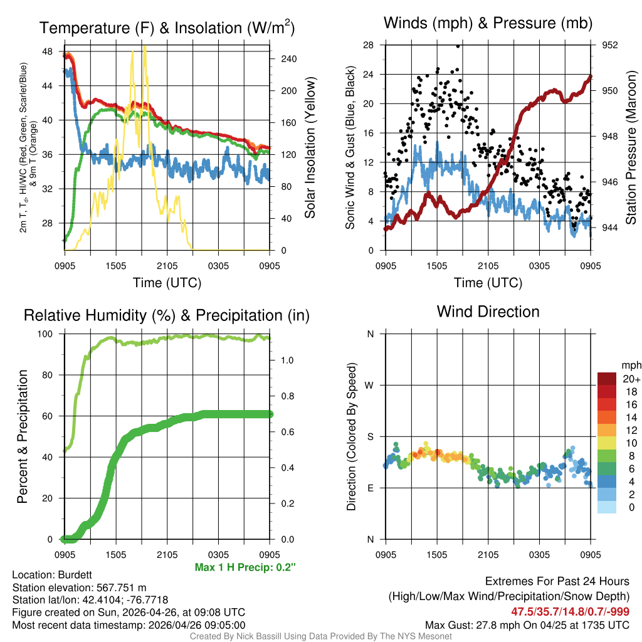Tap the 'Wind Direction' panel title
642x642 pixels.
(488, 312)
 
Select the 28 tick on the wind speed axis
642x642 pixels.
(369, 45)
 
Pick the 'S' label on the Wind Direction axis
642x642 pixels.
(371, 436)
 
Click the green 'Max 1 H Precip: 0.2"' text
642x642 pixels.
(245, 567)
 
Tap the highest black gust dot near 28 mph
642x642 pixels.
(458, 46)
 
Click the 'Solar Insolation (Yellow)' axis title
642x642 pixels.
(310, 148)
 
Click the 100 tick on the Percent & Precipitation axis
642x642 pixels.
(53, 334)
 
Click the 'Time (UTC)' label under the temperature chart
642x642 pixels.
(167, 283)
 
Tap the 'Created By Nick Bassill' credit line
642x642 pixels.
(320, 636)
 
